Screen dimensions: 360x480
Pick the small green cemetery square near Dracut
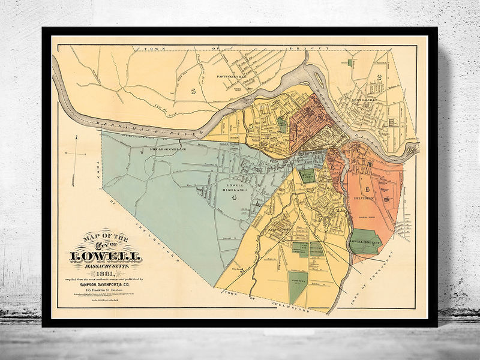pyautogui.click(x=350, y=62)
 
